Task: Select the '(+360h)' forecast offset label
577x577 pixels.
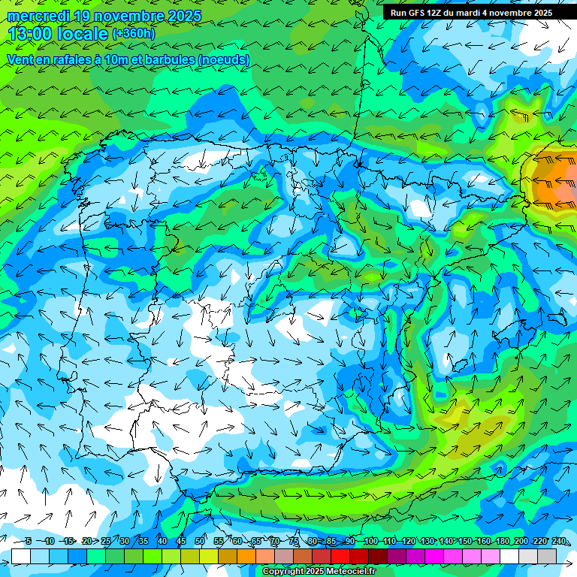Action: [133, 34]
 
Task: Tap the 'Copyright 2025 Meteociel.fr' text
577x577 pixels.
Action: [319, 572]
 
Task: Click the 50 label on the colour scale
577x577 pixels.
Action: [200, 542]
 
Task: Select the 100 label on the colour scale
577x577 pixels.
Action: [370, 542]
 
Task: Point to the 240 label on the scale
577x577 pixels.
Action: [559, 542]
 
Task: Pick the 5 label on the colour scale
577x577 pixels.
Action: [28, 542]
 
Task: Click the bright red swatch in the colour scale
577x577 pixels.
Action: [340, 556]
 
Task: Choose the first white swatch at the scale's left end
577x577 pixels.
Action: [21, 556]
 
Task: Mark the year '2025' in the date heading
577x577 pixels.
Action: [180, 15]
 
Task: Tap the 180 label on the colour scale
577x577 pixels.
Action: [502, 542]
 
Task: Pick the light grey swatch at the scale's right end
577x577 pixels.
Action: [547, 556]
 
